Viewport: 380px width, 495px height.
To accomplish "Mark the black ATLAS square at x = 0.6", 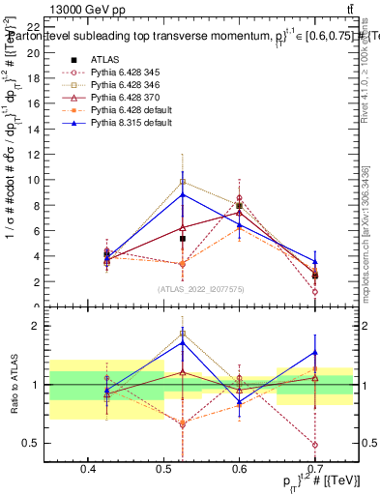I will tap(240, 205).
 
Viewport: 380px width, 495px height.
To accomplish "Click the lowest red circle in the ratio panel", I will tap(316, 445).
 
